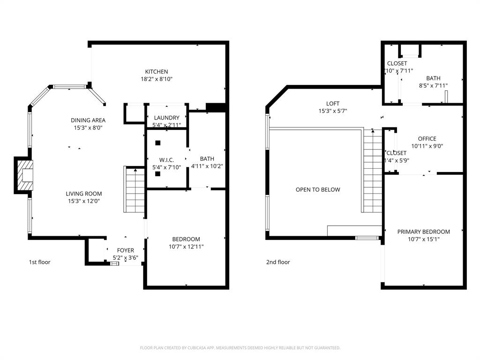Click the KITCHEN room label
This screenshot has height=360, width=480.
(156, 72)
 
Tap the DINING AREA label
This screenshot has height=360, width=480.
(88, 120)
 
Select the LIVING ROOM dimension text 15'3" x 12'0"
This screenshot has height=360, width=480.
(83, 201)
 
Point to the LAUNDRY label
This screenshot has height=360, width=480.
(166, 118)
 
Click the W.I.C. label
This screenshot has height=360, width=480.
(166, 160)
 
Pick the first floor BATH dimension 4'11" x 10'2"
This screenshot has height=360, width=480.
(207, 166)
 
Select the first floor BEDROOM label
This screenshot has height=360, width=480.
(186, 239)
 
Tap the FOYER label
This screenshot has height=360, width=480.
(125, 250)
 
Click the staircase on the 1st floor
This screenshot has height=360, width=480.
(135, 190)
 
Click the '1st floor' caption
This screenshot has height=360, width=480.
(39, 262)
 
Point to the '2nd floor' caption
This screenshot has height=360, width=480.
(278, 262)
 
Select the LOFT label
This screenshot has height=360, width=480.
(333, 104)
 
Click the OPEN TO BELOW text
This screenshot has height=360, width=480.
(318, 190)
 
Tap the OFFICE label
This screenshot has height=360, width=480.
(427, 139)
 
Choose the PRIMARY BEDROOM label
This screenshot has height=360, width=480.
(423, 232)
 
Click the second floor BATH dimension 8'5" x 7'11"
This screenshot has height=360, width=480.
(433, 86)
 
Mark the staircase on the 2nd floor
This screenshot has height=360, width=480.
(373, 171)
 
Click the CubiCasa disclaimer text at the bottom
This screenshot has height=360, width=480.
(240, 348)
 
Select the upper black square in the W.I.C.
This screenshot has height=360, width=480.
(158, 143)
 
